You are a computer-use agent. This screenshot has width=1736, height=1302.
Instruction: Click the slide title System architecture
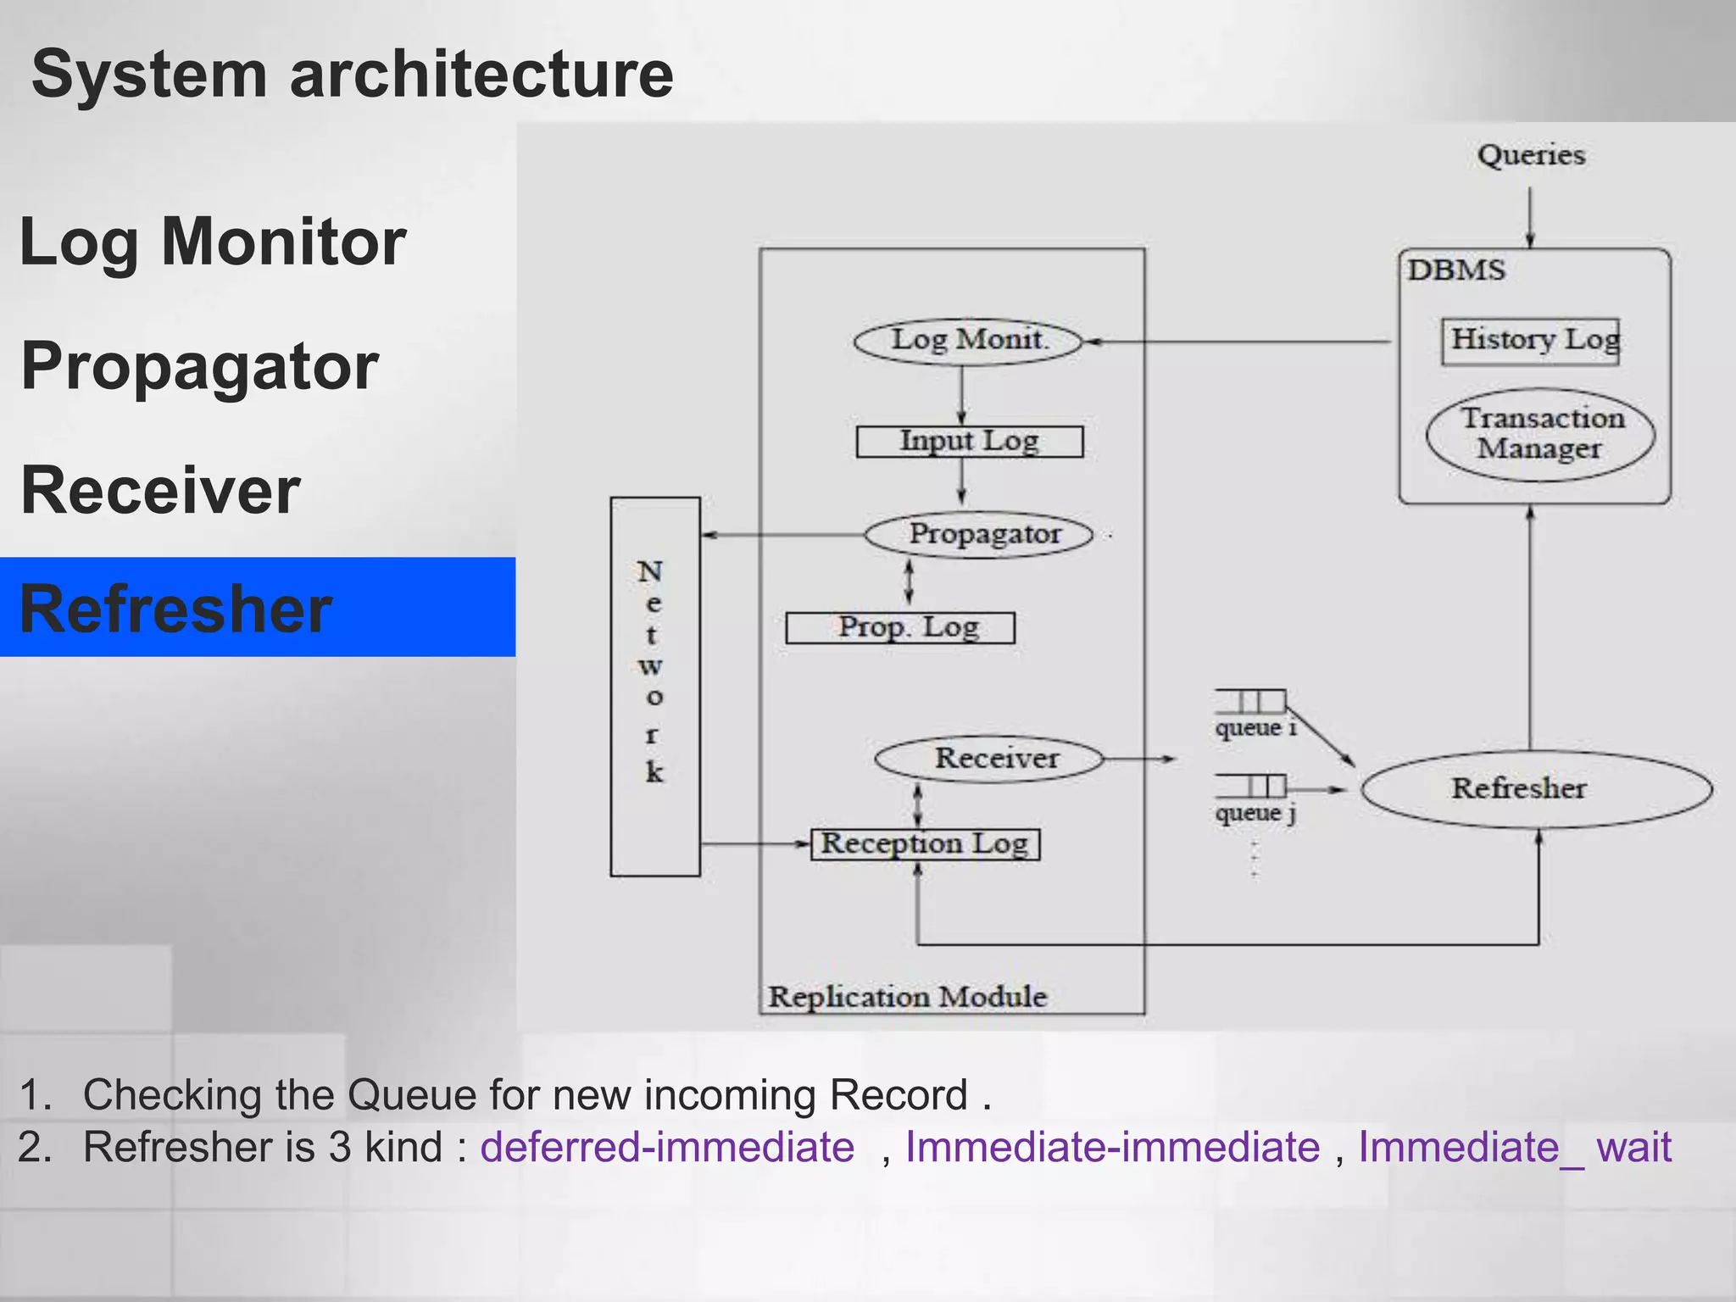point(352,75)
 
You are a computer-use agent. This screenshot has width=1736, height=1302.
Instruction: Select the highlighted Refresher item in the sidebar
point(175,609)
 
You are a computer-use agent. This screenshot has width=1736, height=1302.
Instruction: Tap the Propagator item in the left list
point(199,366)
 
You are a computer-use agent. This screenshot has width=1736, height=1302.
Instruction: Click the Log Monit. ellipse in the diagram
point(968,341)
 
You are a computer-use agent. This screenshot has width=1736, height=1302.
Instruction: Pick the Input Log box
point(969,442)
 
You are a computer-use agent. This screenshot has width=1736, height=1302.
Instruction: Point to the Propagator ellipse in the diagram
point(980,535)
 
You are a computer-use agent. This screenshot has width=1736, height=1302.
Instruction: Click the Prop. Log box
point(900,628)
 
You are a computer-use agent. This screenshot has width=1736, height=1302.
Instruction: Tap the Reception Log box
point(925,844)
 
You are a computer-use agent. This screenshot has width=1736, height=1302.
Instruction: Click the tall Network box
point(654,687)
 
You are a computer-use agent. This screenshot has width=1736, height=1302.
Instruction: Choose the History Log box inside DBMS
point(1531,341)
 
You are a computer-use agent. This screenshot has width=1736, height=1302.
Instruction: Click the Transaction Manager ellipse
point(1539,434)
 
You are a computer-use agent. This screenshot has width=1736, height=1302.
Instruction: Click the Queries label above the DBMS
point(1531,156)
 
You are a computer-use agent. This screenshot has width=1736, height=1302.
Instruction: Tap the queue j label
point(1255,813)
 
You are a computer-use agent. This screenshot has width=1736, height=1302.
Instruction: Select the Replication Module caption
point(908,997)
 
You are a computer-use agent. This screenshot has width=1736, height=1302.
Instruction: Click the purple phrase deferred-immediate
point(667,1148)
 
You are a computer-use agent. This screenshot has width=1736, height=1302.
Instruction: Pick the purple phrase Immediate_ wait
point(1515,1148)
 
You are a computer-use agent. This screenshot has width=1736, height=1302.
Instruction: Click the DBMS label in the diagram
point(1456,270)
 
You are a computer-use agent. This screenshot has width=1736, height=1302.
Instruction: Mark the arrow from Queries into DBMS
point(1530,217)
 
